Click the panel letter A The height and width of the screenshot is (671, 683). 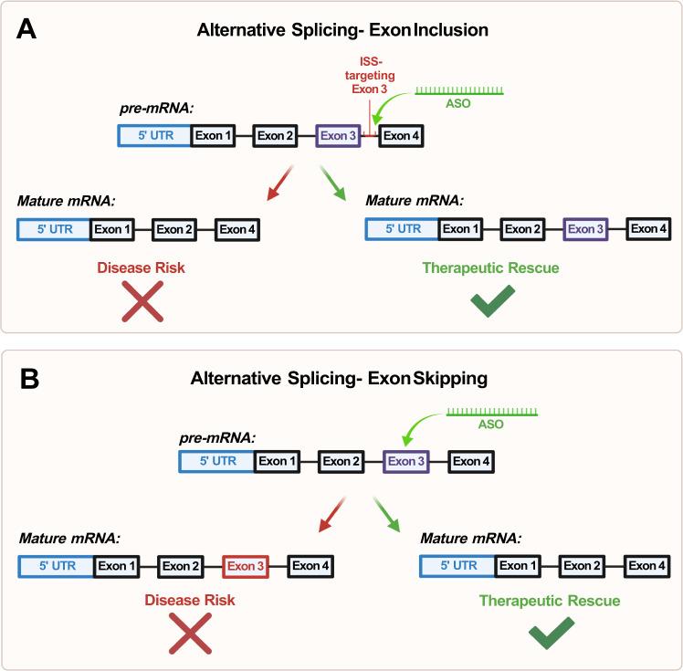click(x=28, y=30)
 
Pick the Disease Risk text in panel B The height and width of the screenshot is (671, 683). click(x=187, y=600)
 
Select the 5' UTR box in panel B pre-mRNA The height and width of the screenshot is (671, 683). click(x=216, y=462)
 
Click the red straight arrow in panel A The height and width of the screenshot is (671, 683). click(x=282, y=183)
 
